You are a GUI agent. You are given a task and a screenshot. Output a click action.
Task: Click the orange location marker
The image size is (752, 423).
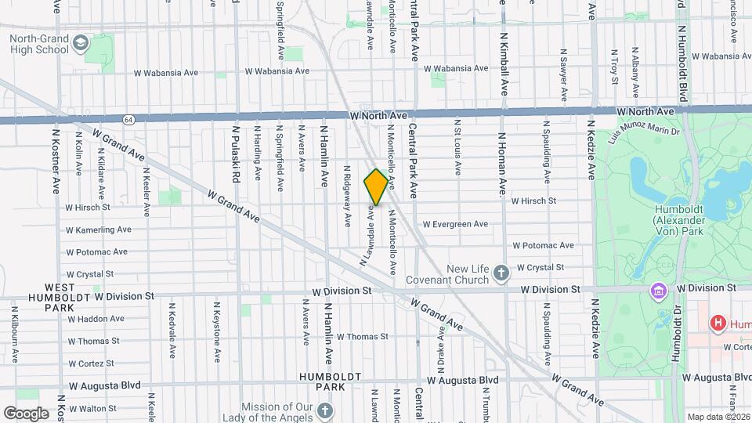click(376, 187)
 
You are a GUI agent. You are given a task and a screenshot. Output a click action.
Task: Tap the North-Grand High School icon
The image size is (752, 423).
click(81, 42)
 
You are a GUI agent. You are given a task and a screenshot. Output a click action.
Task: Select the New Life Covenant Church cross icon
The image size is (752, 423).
click(501, 273)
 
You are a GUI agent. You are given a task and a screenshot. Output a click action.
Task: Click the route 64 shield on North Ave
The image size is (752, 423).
click(128, 118)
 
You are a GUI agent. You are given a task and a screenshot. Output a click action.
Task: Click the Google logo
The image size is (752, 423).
click(26, 413)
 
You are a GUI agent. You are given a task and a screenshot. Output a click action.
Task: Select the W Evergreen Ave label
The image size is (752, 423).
click(455, 224)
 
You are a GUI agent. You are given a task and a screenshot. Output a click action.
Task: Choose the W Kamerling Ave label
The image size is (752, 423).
click(99, 230)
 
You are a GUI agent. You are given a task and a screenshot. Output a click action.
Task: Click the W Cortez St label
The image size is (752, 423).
click(91, 363)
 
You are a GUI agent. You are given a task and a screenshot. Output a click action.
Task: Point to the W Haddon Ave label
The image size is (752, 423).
click(95, 319)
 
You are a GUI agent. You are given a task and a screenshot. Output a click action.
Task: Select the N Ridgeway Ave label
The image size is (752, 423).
click(347, 196)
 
